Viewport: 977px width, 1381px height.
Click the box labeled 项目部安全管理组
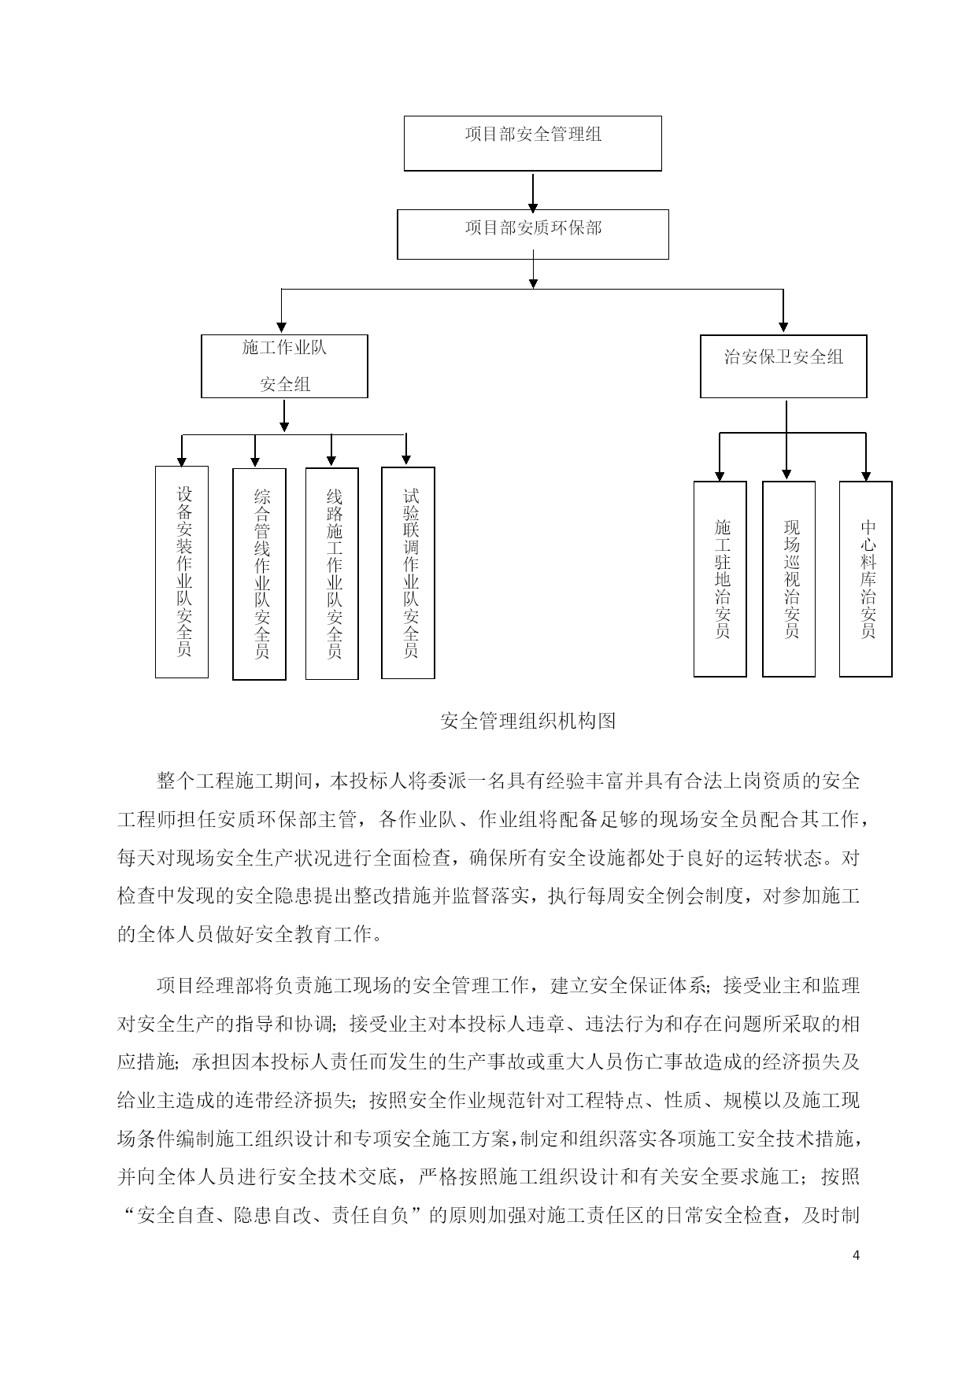coord(532,143)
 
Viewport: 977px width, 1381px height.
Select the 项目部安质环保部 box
coord(532,234)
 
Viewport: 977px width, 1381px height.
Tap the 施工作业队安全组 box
coord(284,366)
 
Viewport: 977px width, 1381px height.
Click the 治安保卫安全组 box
coord(783,366)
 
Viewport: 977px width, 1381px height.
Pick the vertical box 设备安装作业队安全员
coord(182,572)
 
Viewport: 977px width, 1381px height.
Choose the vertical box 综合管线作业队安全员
coord(259,574)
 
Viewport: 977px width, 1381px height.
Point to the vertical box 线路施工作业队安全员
coord(331,574)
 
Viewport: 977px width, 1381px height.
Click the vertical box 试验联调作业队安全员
coord(408,573)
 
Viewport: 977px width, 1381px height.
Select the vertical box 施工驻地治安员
coord(720,579)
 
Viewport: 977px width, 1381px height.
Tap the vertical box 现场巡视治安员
coord(789,579)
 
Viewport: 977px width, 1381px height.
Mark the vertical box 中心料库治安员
coord(865,579)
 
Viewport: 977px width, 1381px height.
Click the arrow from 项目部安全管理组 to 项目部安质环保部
coord(533,192)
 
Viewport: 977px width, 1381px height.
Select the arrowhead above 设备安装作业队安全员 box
coord(182,461)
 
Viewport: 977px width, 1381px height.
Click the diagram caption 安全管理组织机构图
coord(527,721)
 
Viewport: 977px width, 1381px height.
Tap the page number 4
coord(857,1255)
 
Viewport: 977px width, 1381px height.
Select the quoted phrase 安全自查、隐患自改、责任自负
coord(272,1216)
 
